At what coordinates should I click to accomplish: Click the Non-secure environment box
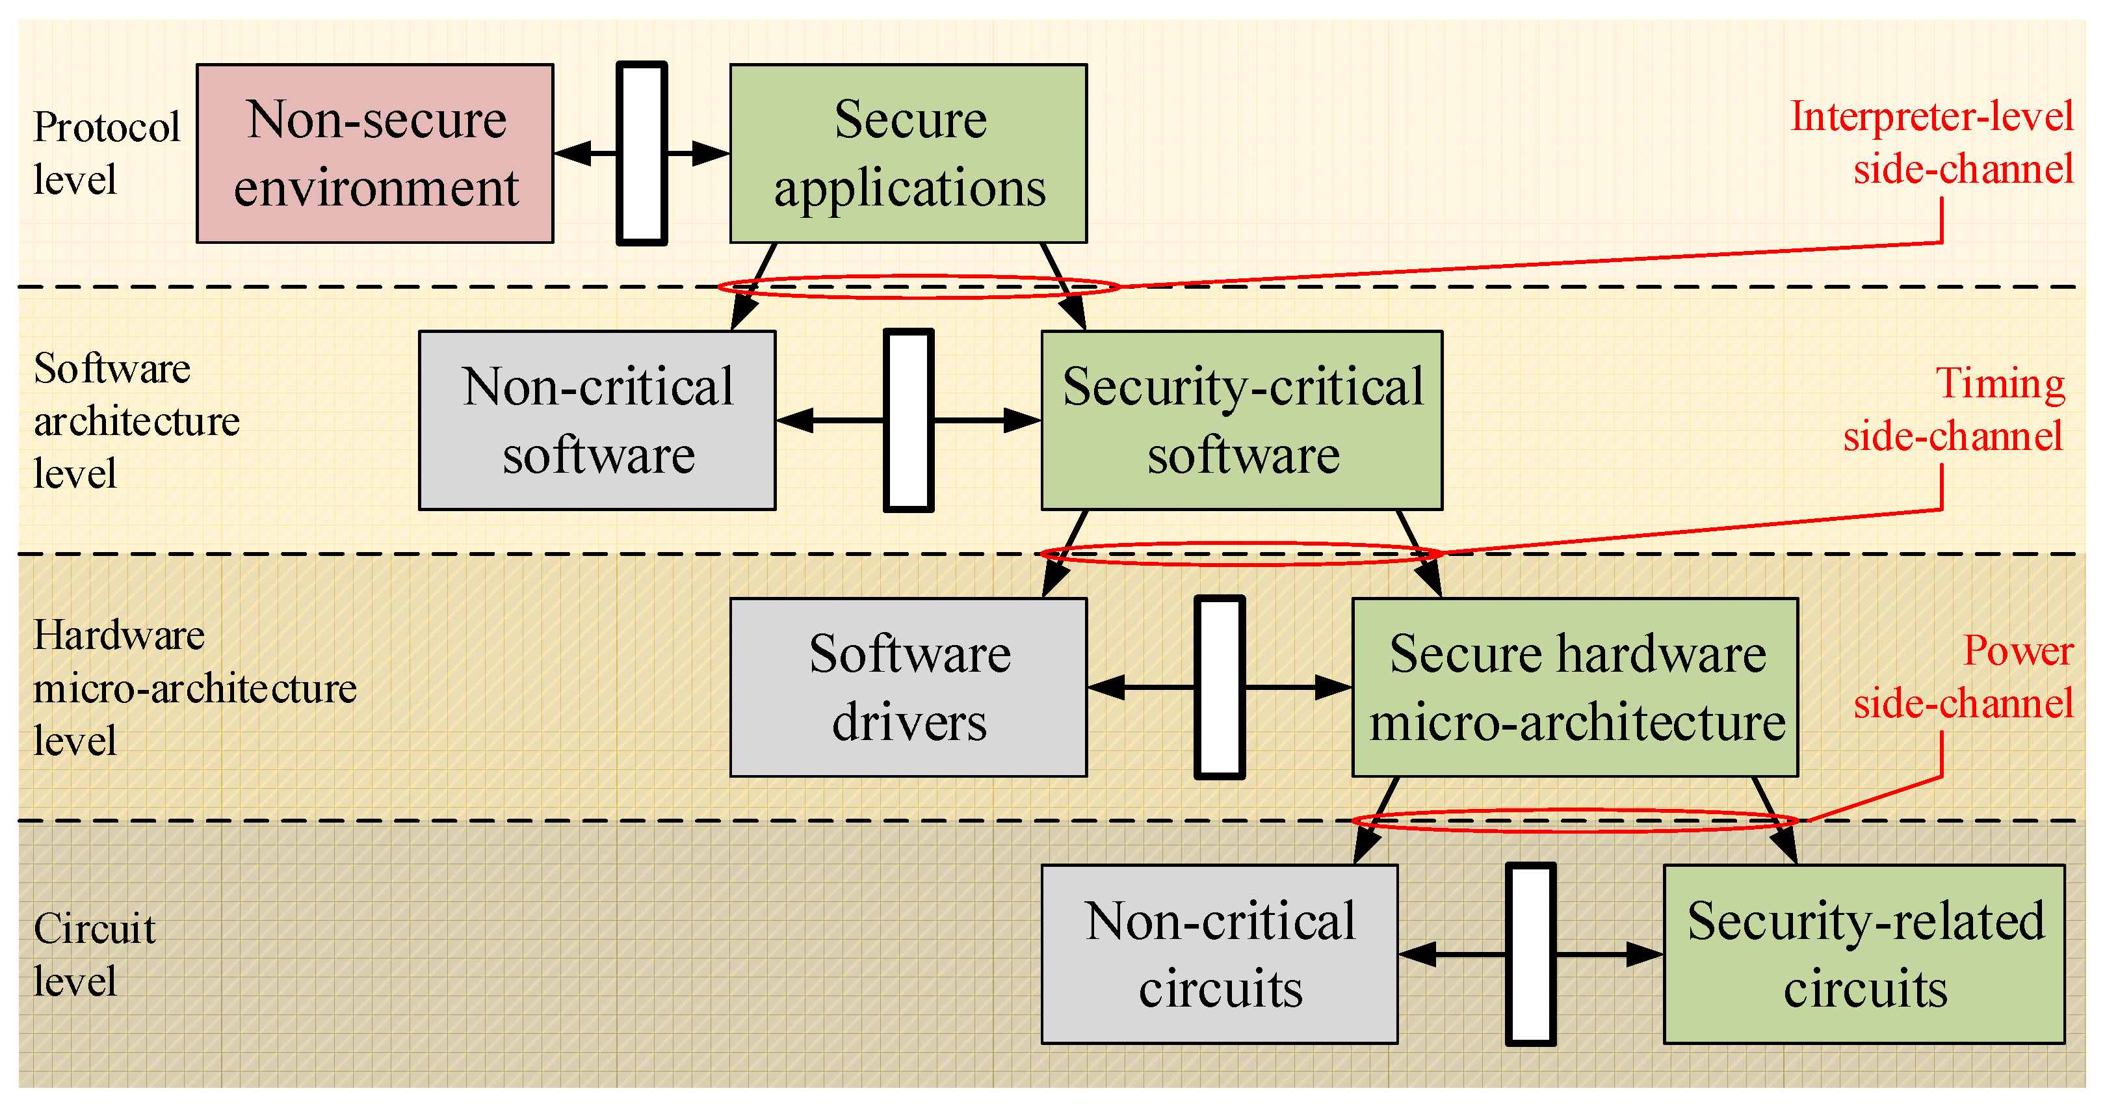click(x=375, y=153)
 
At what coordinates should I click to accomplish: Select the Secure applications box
click(x=908, y=153)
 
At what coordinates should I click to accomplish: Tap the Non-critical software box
click(x=597, y=420)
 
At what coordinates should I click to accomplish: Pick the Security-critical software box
click(x=1241, y=420)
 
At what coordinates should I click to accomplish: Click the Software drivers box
click(x=908, y=687)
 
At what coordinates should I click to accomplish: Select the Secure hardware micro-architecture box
click(x=1575, y=687)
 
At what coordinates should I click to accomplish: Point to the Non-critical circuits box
click(x=1219, y=954)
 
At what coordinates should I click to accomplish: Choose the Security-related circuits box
click(x=1864, y=954)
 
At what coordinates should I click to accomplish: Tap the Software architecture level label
click(x=135, y=420)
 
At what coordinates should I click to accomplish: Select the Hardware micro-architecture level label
click(x=194, y=687)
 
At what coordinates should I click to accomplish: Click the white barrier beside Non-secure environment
click(x=642, y=153)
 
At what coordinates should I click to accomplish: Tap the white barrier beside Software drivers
click(x=1219, y=687)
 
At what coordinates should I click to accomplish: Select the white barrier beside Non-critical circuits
click(x=1530, y=954)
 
